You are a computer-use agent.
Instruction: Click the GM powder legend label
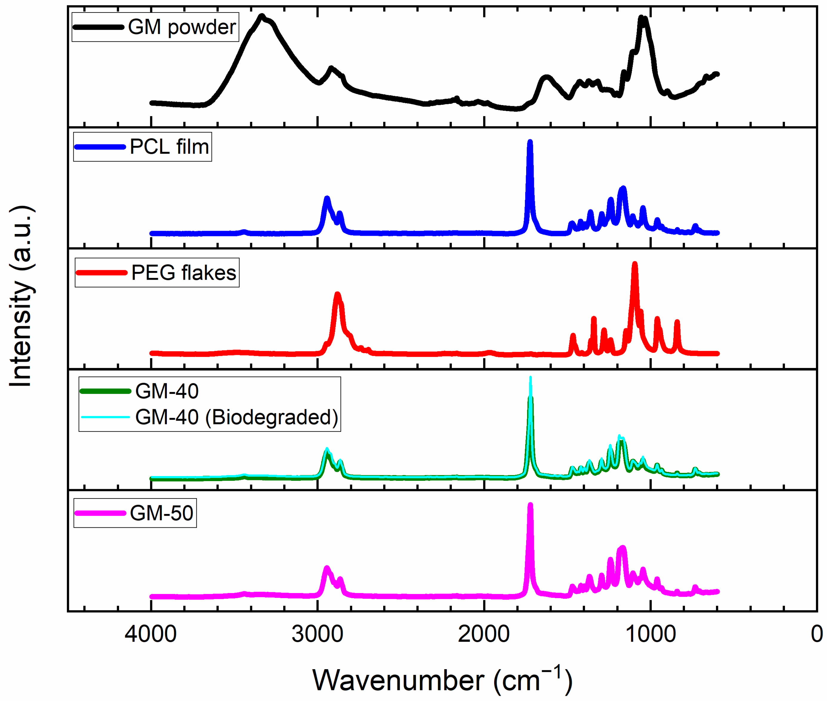182,27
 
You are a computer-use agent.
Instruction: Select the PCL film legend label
170,147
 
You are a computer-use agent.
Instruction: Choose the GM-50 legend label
161,513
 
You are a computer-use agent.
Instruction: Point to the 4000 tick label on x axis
150,634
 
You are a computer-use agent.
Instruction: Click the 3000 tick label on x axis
317,634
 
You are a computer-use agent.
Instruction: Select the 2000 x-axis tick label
483,634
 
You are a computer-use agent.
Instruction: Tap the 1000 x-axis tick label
650,634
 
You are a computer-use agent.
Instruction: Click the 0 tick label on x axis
816,634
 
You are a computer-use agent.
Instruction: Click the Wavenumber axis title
442,680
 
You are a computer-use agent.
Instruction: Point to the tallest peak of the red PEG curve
635,264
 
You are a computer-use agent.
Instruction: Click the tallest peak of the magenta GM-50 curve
530,505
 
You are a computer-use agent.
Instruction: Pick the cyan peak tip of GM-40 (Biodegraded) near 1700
530,378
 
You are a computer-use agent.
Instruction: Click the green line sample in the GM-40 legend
105,392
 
